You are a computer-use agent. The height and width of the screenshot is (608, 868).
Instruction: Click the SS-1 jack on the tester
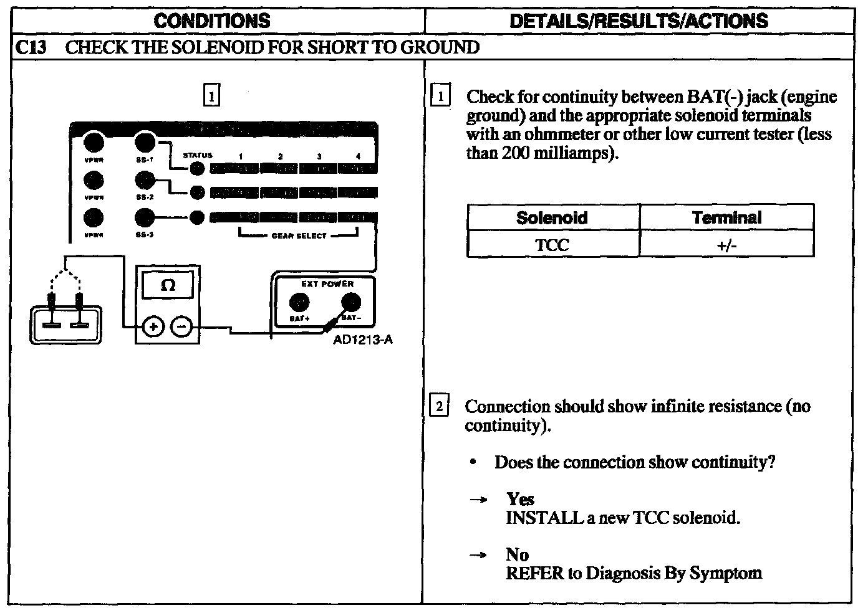point(145,142)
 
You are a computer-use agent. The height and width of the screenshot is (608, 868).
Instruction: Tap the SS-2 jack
point(145,181)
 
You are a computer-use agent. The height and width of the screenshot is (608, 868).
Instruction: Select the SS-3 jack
point(145,217)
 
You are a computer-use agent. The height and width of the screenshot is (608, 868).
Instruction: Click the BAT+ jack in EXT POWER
point(300,303)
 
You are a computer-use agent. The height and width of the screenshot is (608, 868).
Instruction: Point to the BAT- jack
point(350,303)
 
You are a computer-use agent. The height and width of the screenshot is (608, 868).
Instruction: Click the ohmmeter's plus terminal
point(153,326)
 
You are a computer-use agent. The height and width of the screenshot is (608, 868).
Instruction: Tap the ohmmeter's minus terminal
point(181,326)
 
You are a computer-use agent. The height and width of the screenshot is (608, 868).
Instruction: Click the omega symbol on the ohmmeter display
point(168,286)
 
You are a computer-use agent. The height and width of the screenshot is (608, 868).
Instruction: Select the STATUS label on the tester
point(197,155)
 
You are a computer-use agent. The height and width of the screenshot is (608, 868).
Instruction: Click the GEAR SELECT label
point(299,236)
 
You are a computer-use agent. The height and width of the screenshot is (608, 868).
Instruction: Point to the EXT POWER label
point(327,284)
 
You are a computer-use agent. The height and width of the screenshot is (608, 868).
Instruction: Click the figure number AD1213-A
point(363,340)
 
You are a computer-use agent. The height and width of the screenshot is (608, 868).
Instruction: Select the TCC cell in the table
point(552,245)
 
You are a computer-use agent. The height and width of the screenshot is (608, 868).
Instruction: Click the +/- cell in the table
point(726,245)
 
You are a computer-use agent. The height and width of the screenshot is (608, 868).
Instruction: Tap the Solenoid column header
point(552,217)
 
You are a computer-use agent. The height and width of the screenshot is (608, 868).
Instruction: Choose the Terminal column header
point(726,217)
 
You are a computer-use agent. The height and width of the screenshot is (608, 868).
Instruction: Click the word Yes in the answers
point(520,499)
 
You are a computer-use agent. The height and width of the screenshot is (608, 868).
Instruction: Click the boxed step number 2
point(439,406)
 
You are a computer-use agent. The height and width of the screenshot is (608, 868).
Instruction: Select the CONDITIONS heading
point(212,21)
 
